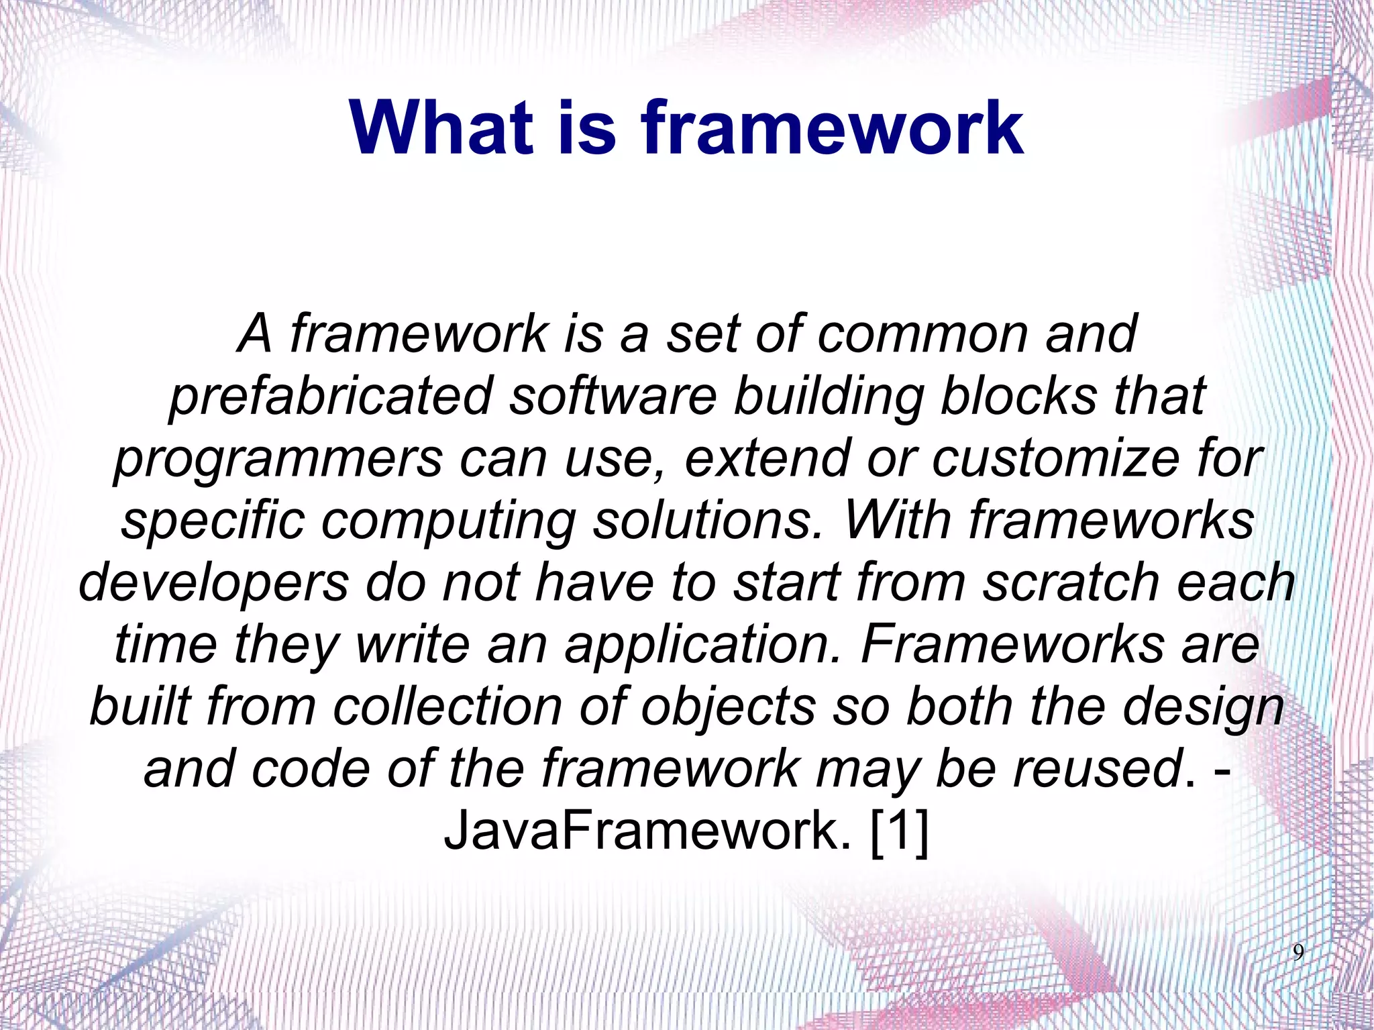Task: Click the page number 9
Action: pyautogui.click(x=1298, y=952)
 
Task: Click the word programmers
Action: pyautogui.click(x=278, y=458)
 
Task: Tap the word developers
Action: pyautogui.click(x=214, y=582)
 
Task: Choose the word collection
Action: pyautogui.click(x=447, y=707)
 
